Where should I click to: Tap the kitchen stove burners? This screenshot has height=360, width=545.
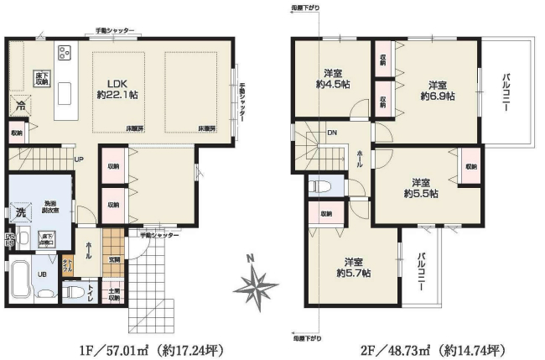[x=64, y=54]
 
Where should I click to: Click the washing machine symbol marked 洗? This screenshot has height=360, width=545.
[x=19, y=213]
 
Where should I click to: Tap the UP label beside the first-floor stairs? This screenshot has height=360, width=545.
[x=78, y=159]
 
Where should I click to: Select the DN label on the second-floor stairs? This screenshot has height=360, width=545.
[x=332, y=133]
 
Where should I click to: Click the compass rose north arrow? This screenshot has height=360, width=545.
[x=257, y=284]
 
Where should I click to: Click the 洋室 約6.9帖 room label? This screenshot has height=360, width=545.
[x=437, y=90]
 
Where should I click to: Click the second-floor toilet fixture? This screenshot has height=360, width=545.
[x=320, y=185]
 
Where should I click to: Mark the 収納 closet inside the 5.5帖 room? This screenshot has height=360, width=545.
[x=470, y=166]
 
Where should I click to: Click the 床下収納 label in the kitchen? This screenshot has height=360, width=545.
[x=41, y=79]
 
